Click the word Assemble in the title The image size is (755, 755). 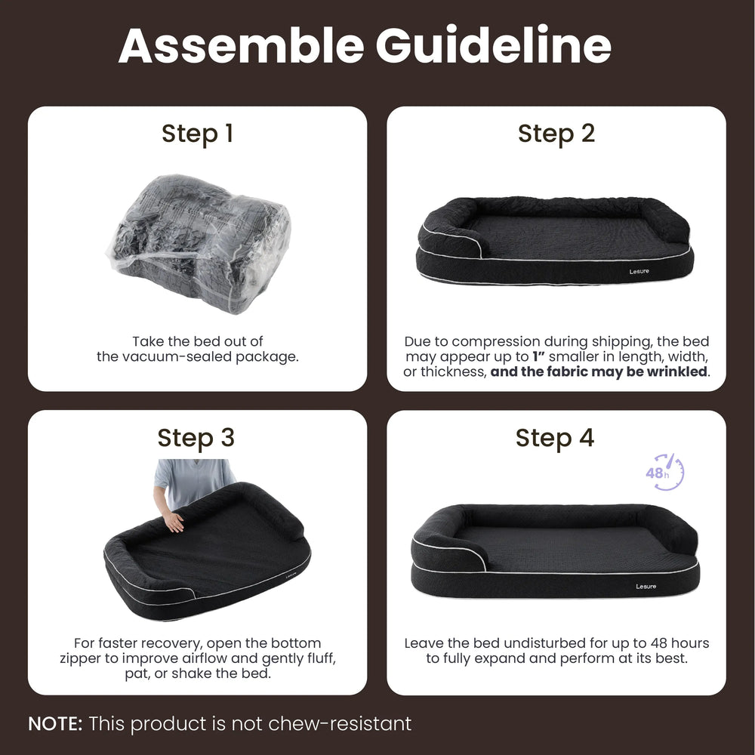click(x=242, y=46)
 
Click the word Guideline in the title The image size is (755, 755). click(x=494, y=46)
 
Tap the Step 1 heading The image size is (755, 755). click(x=197, y=134)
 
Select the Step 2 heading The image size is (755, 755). click(x=556, y=134)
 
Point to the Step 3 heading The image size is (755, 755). click(x=196, y=438)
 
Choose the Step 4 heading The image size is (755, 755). click(x=555, y=438)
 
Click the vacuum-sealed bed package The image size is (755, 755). click(x=199, y=243)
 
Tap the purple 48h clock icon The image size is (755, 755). click(x=664, y=473)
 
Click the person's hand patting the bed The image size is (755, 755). click(x=172, y=521)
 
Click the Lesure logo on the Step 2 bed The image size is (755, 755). click(x=639, y=272)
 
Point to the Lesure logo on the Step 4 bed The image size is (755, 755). click(x=646, y=587)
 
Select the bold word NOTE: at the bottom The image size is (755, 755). click(x=55, y=724)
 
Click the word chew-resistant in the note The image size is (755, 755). click(x=340, y=724)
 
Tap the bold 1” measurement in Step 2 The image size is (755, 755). click(x=538, y=356)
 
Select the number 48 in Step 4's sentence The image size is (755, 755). click(x=658, y=643)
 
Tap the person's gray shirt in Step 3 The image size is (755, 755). click(x=193, y=479)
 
